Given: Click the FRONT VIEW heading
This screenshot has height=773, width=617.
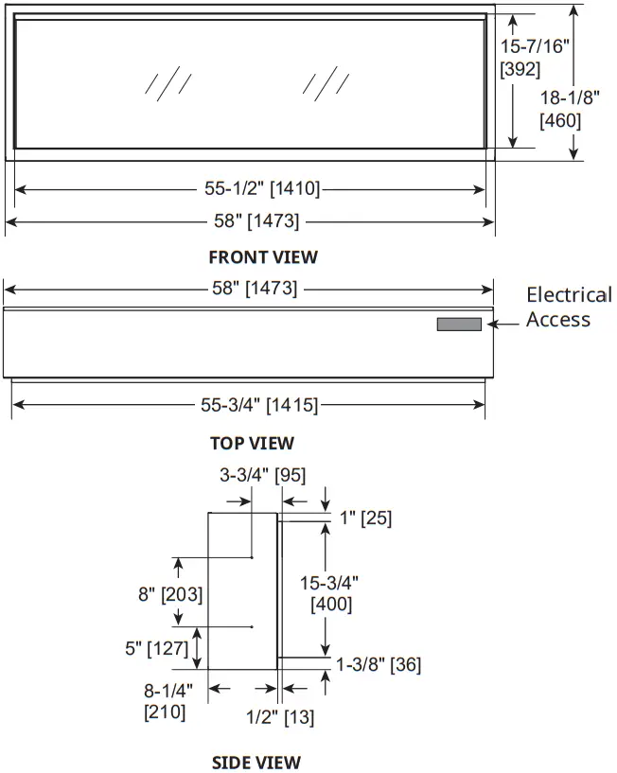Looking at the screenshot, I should click(263, 256).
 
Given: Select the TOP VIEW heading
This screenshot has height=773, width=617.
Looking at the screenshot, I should click(252, 442).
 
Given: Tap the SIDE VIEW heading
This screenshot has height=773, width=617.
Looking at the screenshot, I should click(256, 762).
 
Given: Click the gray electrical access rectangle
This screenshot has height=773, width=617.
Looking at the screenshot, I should click(459, 325).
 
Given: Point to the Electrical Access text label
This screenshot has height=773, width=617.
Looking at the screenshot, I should click(568, 307).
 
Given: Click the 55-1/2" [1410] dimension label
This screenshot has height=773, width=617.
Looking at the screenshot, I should click(262, 189).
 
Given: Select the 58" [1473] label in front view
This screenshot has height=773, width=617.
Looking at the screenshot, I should click(252, 221).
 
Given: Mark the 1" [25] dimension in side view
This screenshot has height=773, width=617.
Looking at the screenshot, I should click(365, 518).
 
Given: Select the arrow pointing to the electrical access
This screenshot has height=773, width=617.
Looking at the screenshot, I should click(502, 324).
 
